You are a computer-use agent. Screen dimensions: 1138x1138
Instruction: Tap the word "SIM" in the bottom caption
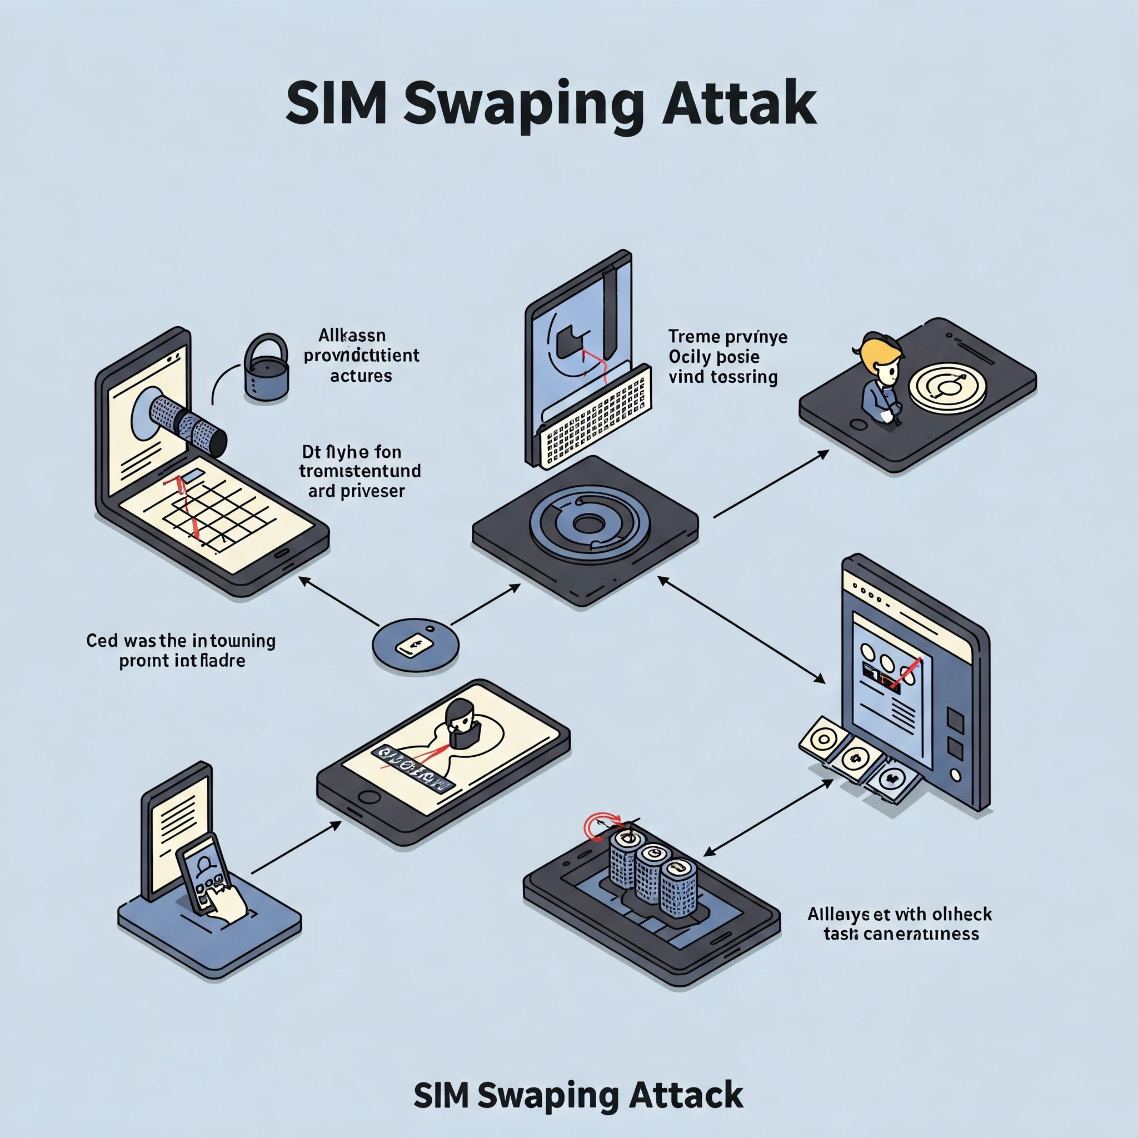click(440, 1096)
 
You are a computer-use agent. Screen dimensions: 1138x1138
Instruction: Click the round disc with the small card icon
click(415, 646)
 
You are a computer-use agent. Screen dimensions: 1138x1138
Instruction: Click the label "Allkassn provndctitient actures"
click(361, 355)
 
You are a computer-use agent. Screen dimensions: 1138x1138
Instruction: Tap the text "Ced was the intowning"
click(181, 640)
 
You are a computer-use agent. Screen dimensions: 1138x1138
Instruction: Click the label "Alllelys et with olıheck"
click(900, 914)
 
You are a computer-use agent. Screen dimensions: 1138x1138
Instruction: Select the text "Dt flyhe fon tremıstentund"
click(360, 462)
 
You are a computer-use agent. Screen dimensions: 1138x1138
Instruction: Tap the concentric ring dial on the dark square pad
click(589, 523)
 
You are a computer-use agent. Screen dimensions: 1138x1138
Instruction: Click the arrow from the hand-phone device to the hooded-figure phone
click(296, 847)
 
